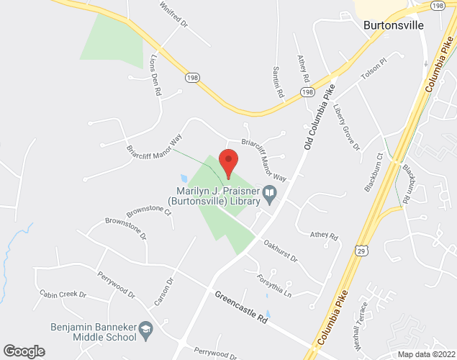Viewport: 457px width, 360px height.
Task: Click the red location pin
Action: pyautogui.click(x=228, y=163)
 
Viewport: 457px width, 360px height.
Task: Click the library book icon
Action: pyautogui.click(x=269, y=193)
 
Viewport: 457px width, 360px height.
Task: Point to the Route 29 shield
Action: pyautogui.click(x=361, y=248)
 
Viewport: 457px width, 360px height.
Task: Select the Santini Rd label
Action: pyautogui.click(x=277, y=81)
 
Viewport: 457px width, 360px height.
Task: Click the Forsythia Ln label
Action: pyautogui.click(x=276, y=286)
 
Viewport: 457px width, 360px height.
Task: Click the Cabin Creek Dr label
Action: pyautogui.click(x=63, y=294)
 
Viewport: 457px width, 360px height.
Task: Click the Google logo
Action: pyautogui.click(x=24, y=351)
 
